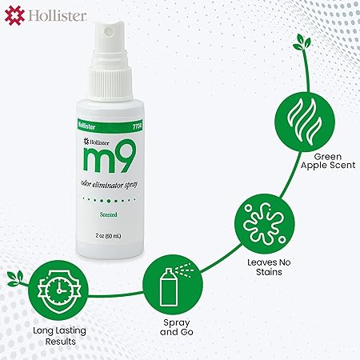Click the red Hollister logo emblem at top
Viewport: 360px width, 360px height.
[x=14, y=16]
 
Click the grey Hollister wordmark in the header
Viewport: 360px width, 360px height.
[x=58, y=16]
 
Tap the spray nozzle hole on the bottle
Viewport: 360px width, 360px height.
[x=109, y=30]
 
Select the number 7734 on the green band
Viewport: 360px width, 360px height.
[x=137, y=126]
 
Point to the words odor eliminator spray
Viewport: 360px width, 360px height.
[x=109, y=185]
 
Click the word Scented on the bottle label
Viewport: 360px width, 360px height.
[x=109, y=214]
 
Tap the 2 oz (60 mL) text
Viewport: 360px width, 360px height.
[x=108, y=236]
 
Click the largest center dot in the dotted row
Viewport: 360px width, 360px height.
[x=109, y=201]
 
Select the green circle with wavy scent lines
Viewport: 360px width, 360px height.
[x=305, y=122]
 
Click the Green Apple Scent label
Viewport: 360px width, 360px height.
[x=328, y=161]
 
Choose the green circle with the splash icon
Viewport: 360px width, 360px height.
[x=265, y=224]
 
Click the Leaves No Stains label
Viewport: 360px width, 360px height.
[x=269, y=267]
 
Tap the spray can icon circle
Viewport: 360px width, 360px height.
[x=173, y=285]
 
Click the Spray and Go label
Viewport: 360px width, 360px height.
[x=177, y=327]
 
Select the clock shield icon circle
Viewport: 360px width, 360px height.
[x=58, y=290]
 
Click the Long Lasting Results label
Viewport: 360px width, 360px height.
[x=59, y=336]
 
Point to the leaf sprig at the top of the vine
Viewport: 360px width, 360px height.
[x=302, y=42]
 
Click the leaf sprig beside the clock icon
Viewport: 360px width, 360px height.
[x=16, y=278]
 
